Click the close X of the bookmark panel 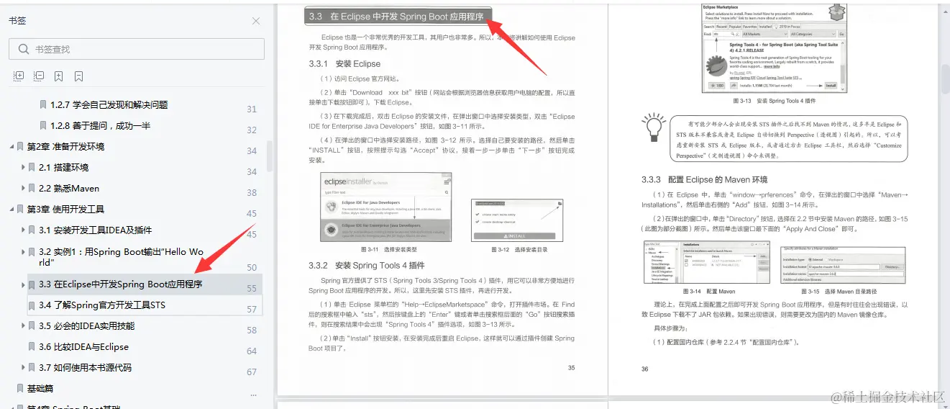tap(256, 21)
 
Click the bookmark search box tap(137, 49)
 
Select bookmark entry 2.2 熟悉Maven tap(69, 189)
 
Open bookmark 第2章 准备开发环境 tap(65, 147)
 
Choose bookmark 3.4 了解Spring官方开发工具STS tap(102, 305)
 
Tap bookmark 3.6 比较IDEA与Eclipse tap(83, 347)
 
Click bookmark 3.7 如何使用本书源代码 tap(86, 368)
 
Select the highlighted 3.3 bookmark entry tap(120, 284)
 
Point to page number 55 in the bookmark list tap(252, 289)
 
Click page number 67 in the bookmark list tap(252, 372)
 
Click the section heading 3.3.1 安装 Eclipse tap(344, 64)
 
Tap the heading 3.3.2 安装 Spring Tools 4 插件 tap(366, 266)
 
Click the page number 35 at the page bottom tap(571, 368)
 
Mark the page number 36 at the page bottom tap(644, 369)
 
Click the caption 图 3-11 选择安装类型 tap(386, 250)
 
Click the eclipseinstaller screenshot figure tap(386, 207)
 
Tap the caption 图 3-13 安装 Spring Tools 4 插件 tap(773, 101)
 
